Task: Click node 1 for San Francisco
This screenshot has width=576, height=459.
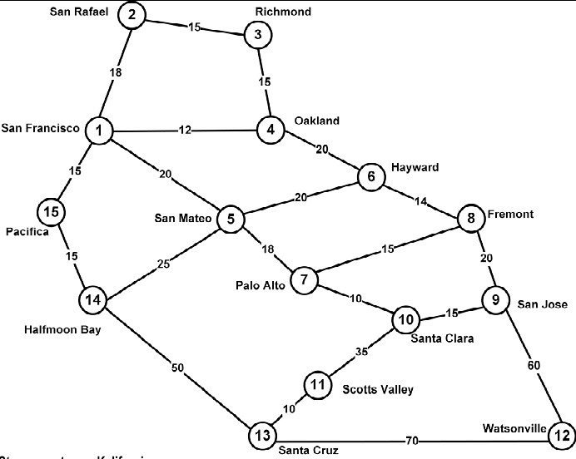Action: (x=99, y=131)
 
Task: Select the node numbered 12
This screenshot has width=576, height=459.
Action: (x=561, y=433)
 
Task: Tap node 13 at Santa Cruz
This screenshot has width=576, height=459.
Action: (x=261, y=434)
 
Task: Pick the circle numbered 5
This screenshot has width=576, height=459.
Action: (x=231, y=220)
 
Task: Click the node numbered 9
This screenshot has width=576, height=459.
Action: (x=495, y=300)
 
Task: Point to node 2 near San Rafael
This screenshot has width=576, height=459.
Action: (x=132, y=15)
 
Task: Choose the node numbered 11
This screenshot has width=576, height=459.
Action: (x=317, y=385)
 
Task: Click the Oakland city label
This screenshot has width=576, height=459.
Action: (x=316, y=121)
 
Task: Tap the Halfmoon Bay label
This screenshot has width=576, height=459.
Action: (x=62, y=330)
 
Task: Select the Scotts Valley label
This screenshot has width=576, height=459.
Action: (x=378, y=387)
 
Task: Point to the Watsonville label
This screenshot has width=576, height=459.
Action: (x=514, y=429)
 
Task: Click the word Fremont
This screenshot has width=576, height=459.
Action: (x=511, y=214)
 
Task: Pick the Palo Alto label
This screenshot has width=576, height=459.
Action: (x=261, y=286)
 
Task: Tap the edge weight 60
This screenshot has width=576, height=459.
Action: (x=533, y=364)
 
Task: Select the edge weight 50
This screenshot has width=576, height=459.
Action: (x=177, y=367)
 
